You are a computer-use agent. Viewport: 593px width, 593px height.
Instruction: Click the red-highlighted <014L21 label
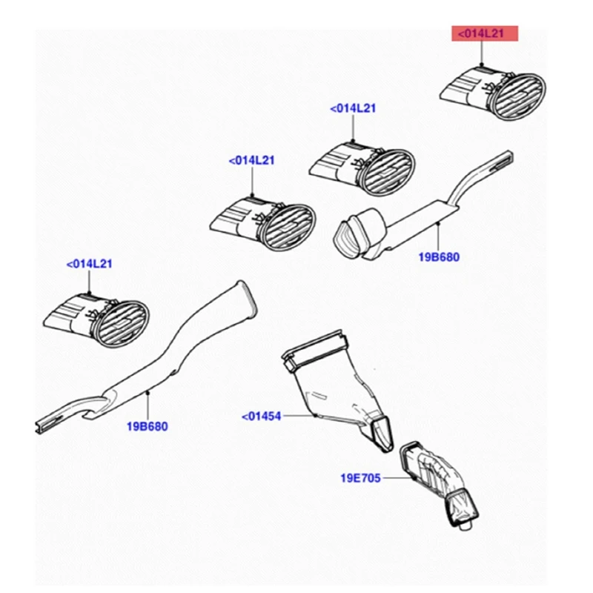pos(484,34)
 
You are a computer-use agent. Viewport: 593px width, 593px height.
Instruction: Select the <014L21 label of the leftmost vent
pos(90,263)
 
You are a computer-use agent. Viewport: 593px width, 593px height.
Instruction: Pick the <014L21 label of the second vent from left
pos(252,160)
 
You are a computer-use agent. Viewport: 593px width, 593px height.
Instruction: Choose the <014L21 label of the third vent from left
pos(354,108)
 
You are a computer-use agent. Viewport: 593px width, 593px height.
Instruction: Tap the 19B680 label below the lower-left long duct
pos(148,426)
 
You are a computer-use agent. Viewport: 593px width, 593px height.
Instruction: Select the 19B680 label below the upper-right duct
pos(438,257)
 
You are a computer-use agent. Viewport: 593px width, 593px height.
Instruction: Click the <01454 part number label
pos(262,417)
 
